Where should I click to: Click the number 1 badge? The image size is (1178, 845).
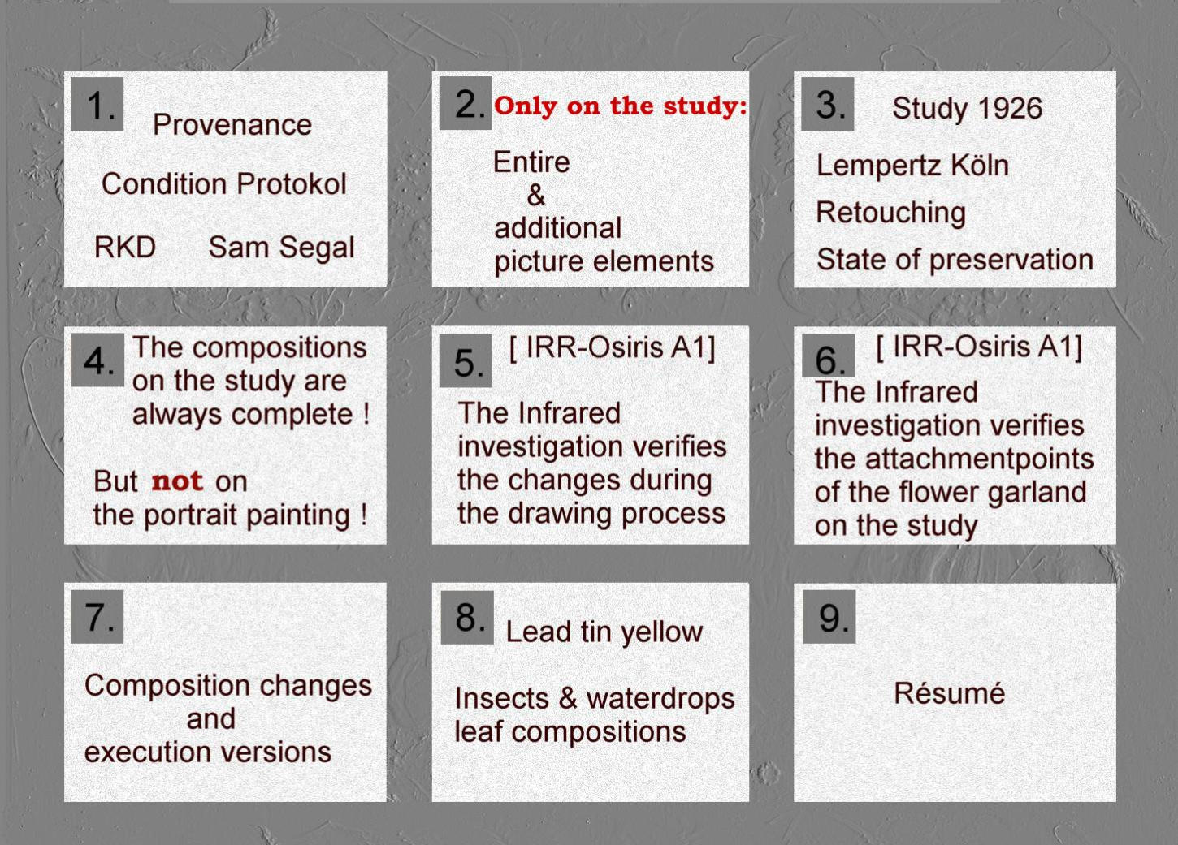pos(97,104)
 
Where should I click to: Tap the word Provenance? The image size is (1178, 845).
pos(232,124)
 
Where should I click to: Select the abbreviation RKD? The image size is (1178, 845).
pos(125,247)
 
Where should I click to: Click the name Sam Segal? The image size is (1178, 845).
pos(281,248)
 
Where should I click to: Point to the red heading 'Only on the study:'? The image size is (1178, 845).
pos(621,106)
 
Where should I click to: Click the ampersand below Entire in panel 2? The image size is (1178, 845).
pos(536,195)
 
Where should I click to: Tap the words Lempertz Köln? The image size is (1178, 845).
pos(912,166)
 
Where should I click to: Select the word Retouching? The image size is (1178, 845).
pos(891,213)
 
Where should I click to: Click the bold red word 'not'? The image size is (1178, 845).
pos(177,481)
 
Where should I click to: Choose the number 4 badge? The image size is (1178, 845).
pos(97,360)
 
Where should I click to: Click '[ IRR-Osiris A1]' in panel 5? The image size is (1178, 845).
pos(612,347)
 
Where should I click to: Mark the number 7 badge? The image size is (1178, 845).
pos(97,616)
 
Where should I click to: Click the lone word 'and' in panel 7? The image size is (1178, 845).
pos(211,718)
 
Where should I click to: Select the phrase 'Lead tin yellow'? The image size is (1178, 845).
pos(604,632)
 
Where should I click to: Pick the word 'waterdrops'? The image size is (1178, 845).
pos(660,698)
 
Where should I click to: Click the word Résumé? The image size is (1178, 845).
pos(949,692)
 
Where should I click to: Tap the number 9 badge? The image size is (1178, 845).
pos(829,617)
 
